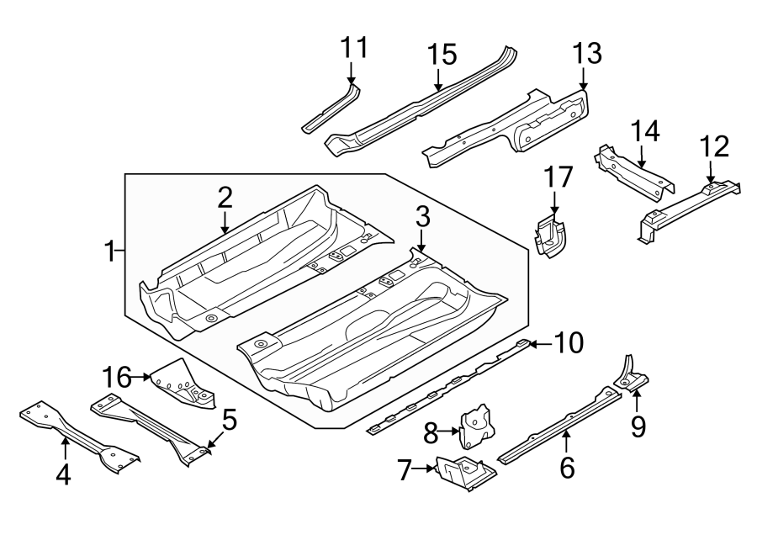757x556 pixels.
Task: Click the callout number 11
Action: pos(355,48)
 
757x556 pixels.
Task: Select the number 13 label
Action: pos(587,53)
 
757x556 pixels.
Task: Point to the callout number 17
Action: pos(558,177)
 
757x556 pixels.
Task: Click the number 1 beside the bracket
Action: pos(109,251)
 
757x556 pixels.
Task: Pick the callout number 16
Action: pos(119,378)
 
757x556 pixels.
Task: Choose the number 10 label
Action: pos(569,342)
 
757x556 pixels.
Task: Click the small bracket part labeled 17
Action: pos(551,236)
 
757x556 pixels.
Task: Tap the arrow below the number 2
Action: pos(225,223)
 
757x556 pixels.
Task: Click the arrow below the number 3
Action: pos(422,241)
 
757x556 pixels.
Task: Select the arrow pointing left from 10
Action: pos(538,342)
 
